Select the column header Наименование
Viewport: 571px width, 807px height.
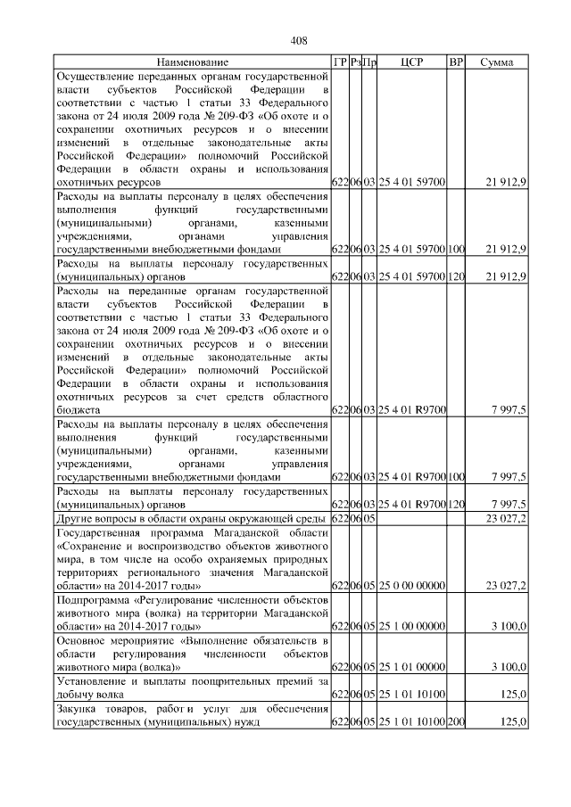(x=192, y=62)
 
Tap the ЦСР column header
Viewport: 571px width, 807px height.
(x=412, y=62)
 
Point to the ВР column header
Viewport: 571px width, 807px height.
(x=456, y=62)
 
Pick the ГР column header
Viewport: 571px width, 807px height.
(x=339, y=62)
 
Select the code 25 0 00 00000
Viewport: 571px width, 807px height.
(x=412, y=585)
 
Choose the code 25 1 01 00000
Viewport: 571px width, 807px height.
(x=412, y=666)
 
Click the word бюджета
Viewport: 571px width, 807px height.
(x=79, y=408)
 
